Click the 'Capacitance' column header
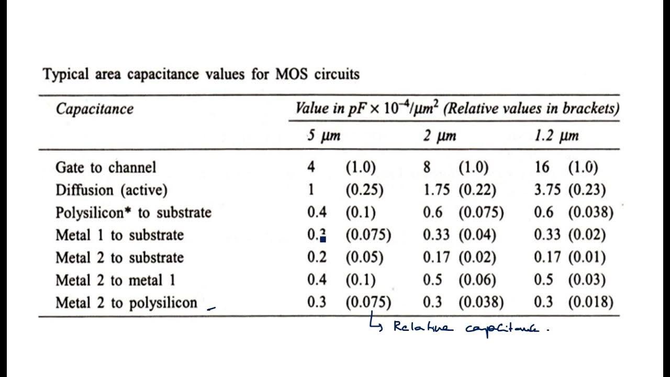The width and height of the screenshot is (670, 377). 94,109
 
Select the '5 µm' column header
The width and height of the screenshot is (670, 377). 323,136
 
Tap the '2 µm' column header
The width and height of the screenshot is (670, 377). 440,136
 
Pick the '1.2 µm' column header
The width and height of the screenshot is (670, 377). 557,136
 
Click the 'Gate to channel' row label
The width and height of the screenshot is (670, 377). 106,168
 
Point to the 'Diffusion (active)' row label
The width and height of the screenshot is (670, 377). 111,190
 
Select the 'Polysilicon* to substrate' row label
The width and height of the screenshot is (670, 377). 133,213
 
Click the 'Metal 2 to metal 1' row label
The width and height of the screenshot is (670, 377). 116,280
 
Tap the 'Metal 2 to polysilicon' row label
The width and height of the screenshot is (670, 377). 126,303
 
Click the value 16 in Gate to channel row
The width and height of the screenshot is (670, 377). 542,168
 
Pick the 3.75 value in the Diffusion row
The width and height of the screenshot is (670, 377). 547,190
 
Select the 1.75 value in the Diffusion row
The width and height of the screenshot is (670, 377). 437,190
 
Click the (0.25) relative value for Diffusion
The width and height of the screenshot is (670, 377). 364,190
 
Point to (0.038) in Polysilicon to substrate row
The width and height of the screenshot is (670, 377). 590,213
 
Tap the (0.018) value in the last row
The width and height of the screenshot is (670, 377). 590,303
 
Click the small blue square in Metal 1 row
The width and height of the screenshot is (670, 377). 323,239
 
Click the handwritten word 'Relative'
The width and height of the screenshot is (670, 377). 419,328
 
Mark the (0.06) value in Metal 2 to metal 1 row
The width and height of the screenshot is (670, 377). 477,280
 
